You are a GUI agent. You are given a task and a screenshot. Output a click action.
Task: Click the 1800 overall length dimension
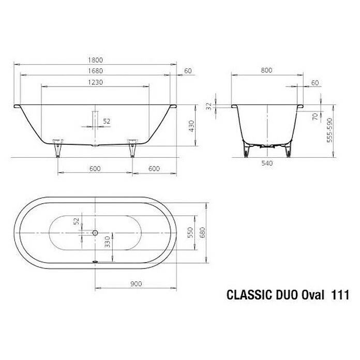[95, 59]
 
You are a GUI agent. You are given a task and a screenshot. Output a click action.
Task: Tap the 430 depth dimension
[191, 125]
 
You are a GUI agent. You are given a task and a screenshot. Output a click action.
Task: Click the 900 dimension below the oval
[136, 283]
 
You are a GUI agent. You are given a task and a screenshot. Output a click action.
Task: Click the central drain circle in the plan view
[95, 232]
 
